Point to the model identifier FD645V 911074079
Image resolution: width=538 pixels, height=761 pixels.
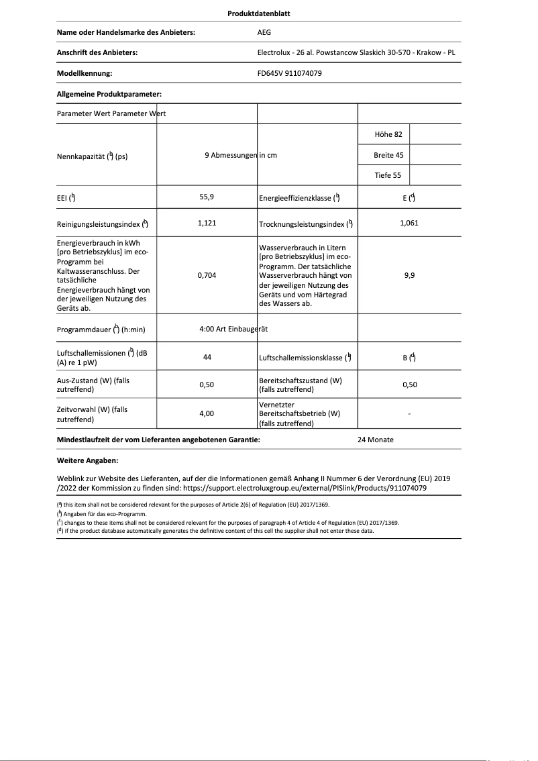tap(290, 73)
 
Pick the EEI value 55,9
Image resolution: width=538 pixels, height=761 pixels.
tap(207, 197)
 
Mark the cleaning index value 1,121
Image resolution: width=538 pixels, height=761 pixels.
tap(207, 223)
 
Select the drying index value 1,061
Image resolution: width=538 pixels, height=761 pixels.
tap(409, 223)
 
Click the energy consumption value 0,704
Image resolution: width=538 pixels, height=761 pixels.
tap(207, 275)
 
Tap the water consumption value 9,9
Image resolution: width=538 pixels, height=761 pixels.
tap(409, 275)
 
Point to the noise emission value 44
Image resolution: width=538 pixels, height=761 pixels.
tap(207, 358)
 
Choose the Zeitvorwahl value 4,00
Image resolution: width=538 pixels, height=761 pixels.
tap(207, 414)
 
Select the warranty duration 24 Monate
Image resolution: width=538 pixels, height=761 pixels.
tap(376, 440)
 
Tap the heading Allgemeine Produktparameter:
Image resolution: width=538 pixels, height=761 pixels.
tap(109, 95)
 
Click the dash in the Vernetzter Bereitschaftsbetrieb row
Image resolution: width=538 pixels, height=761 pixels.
tap(409, 415)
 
